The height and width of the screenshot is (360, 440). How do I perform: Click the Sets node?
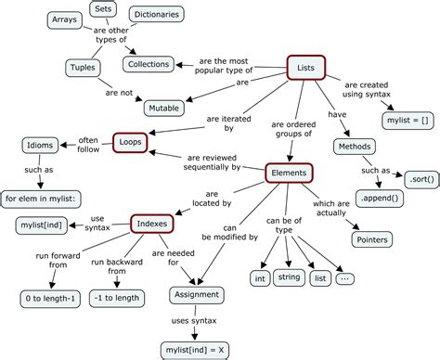point(102,9)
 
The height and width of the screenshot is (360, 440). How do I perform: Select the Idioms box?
point(41,145)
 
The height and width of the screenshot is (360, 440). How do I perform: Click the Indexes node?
point(152,224)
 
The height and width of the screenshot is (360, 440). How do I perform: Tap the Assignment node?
point(196,295)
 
